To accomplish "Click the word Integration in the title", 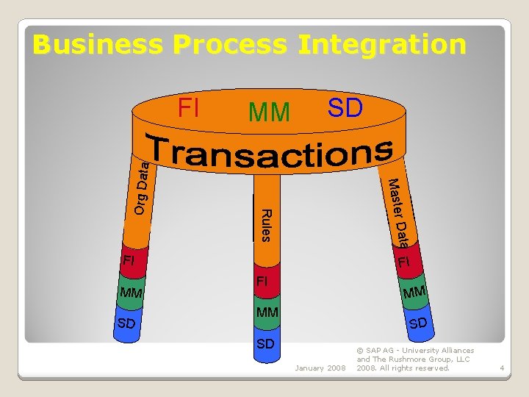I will (381, 45).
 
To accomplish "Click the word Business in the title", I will (100, 45).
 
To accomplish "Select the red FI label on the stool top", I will (189, 109).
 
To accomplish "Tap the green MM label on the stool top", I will (269, 112).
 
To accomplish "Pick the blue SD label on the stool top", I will (345, 108).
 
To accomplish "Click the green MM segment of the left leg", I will (131, 295).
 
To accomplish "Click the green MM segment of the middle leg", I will (267, 313).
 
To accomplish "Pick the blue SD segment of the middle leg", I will (267, 343).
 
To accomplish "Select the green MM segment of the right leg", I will (411, 293).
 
